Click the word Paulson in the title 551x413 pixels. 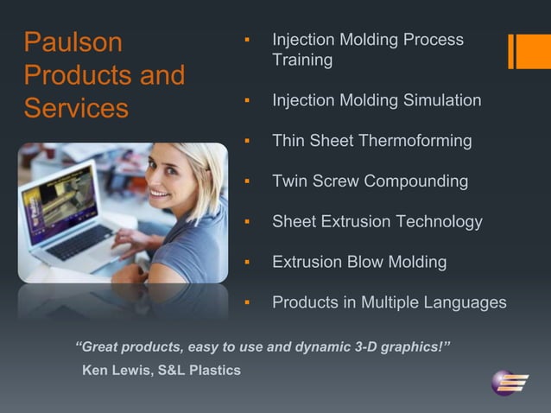[73, 42]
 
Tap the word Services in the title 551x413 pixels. [76, 109]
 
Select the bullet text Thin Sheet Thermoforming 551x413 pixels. [371, 140]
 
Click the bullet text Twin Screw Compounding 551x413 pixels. [370, 181]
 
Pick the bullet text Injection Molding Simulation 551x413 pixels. [377, 100]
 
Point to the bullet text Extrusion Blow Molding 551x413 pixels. [359, 262]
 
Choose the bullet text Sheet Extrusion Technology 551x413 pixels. [377, 221]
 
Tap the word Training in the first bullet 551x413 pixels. [302, 60]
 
